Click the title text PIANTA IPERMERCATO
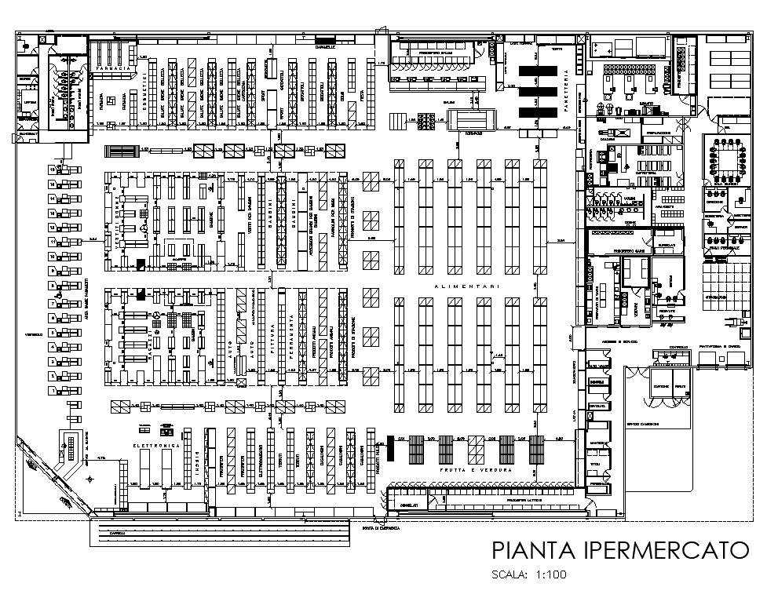(619, 550)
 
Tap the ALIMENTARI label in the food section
(468, 287)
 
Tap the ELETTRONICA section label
(155, 446)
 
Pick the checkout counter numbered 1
(54, 390)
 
